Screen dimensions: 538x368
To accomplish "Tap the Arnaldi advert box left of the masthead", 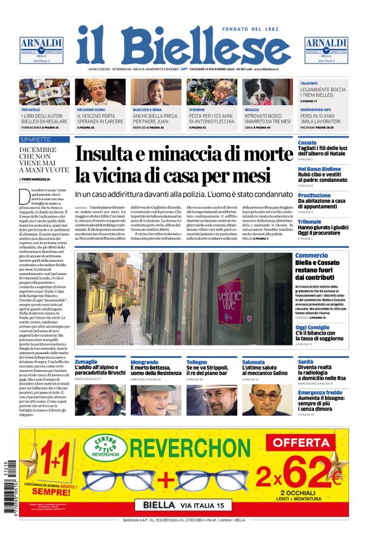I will coord(41,49).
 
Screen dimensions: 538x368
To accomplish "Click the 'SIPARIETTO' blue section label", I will coord(35,138).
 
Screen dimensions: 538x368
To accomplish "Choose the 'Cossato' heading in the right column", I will coord(307,143).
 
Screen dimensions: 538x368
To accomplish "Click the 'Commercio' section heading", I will coord(312,255).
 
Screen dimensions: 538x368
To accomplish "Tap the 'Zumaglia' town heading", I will coord(86,361).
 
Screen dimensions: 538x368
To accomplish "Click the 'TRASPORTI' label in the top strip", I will coord(309,83).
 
